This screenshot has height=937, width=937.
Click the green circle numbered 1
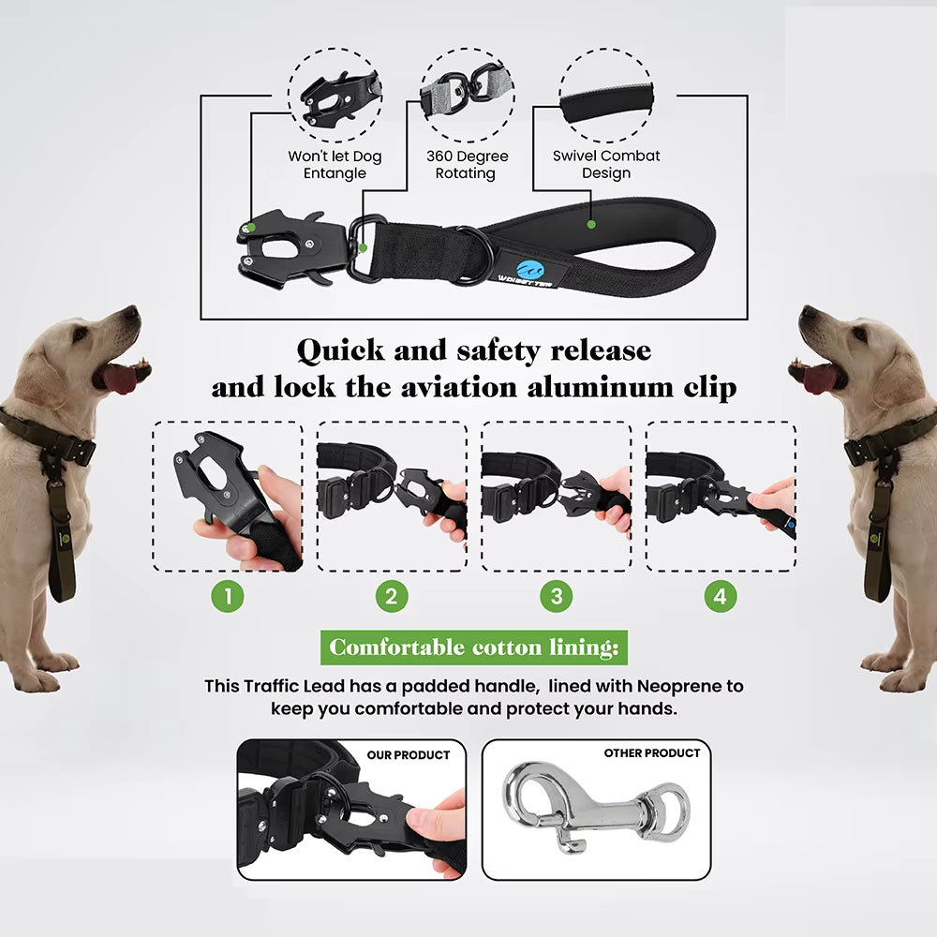(x=227, y=596)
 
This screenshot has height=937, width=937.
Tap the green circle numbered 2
(x=392, y=596)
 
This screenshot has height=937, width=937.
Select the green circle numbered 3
(x=557, y=596)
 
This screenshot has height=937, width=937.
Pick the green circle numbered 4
(x=721, y=596)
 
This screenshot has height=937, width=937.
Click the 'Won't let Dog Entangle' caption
(x=335, y=165)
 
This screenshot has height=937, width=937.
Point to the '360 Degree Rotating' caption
(x=467, y=165)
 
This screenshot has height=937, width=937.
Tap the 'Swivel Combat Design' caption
(x=606, y=165)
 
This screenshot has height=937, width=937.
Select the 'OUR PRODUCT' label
(x=408, y=754)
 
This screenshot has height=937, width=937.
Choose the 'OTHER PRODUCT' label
(x=652, y=753)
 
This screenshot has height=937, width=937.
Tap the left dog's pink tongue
(x=120, y=378)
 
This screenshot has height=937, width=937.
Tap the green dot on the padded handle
(x=591, y=225)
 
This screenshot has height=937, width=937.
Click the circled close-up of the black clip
(x=335, y=94)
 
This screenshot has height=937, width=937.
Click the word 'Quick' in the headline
(x=340, y=350)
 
